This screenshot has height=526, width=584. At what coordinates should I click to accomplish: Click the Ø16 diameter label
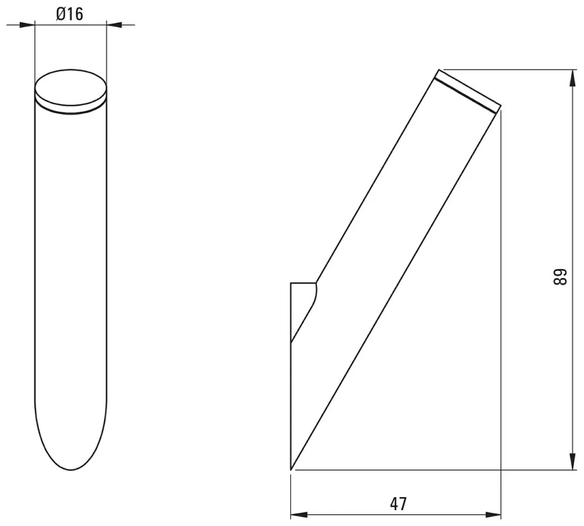pos(69,14)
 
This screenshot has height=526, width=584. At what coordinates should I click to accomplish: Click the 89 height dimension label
pos(559,277)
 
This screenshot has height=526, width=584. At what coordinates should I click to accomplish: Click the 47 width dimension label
pos(399,504)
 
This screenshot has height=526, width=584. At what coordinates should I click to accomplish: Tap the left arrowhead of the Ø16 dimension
pos(26,25)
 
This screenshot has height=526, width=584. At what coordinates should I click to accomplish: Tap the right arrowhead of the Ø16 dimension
pos(114,25)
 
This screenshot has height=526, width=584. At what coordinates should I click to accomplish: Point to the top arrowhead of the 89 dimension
pos(572,78)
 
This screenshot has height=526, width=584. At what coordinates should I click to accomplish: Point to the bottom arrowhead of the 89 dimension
pos(572,461)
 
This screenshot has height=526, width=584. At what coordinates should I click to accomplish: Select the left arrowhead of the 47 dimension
pos(299,516)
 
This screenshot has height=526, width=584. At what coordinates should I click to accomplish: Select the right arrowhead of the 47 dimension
pos(493,516)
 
